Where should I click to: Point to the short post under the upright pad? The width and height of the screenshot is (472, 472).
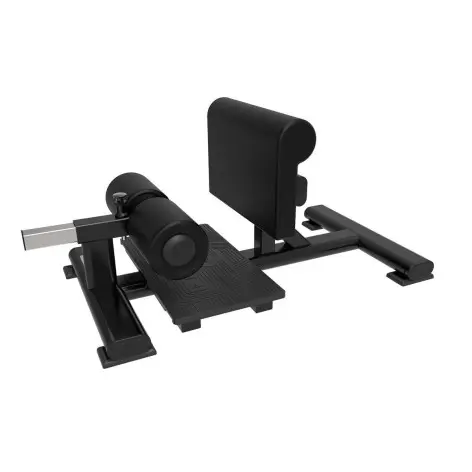263,237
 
